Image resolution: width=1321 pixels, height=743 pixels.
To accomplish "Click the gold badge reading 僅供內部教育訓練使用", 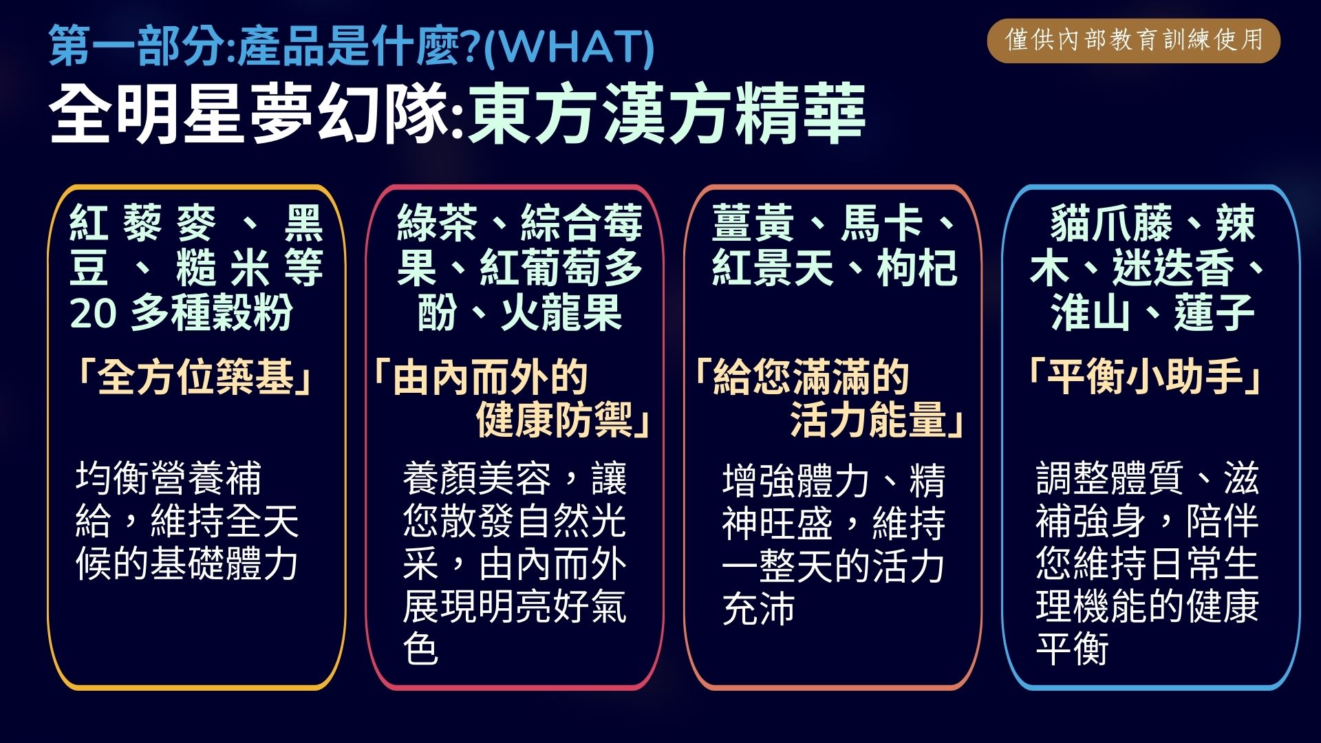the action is pyautogui.click(x=1133, y=41).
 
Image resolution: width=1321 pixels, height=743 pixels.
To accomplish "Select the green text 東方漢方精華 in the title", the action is pyautogui.click(x=666, y=114).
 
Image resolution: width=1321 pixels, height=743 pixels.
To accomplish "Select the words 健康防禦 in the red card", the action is pyautogui.click(x=554, y=419).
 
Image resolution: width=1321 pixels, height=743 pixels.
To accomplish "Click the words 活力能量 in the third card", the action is pyautogui.click(x=868, y=419).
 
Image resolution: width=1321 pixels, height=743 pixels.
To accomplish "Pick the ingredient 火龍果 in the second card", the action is pyautogui.click(x=561, y=313).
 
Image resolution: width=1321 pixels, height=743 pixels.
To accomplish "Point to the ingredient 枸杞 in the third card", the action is pyautogui.click(x=917, y=268).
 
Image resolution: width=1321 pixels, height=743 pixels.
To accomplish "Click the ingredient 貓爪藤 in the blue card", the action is pyautogui.click(x=1111, y=223).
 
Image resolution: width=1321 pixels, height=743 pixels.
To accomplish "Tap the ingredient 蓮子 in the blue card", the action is pyautogui.click(x=1215, y=313).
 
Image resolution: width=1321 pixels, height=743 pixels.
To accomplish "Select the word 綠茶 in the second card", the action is pyautogui.click(x=438, y=223).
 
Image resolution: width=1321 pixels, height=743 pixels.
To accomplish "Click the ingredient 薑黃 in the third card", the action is pyautogui.click(x=752, y=223).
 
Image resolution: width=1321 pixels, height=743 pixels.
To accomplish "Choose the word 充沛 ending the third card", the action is pyautogui.click(x=759, y=608).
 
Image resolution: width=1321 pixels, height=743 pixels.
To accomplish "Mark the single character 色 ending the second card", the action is pyautogui.click(x=421, y=649).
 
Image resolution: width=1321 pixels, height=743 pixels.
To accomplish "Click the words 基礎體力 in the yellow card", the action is pyautogui.click(x=224, y=563).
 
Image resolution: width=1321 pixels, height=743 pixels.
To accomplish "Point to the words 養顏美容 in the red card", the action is pyautogui.click(x=477, y=478).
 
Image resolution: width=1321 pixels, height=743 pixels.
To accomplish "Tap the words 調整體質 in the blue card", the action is pyautogui.click(x=1110, y=478).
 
